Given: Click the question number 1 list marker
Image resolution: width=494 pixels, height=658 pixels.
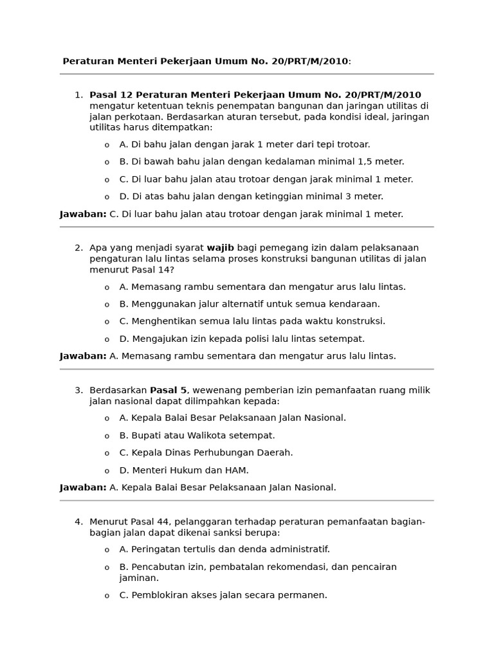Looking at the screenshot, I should pyautogui.click(x=78, y=95).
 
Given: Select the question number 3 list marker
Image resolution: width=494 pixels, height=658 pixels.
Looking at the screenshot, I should pyautogui.click(x=78, y=390).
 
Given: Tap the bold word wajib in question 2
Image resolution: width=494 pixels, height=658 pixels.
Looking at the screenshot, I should pyautogui.click(x=221, y=247).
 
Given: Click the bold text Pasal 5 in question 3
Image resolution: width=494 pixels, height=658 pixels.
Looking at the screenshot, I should pyautogui.click(x=169, y=390).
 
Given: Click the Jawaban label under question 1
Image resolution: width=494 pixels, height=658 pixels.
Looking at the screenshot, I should pyautogui.click(x=83, y=214).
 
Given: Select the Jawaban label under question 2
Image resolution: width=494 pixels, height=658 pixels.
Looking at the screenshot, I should pyautogui.click(x=83, y=356).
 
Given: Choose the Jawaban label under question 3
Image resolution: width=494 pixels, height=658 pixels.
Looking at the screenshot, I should pyautogui.click(x=83, y=488).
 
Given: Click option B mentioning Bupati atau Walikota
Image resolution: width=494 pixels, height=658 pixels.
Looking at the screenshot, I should pyautogui.click(x=197, y=436).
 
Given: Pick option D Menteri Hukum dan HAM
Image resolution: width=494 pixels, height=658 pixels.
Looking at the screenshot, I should pyautogui.click(x=184, y=470).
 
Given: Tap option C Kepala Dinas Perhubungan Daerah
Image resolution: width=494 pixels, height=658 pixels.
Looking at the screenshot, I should pyautogui.click(x=206, y=453).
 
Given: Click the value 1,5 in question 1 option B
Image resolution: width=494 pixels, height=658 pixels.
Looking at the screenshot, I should pyautogui.click(x=364, y=162).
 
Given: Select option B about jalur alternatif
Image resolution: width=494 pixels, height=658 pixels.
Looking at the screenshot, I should pyautogui.click(x=250, y=304).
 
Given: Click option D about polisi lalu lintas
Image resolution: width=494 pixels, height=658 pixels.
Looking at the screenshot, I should pyautogui.click(x=242, y=339).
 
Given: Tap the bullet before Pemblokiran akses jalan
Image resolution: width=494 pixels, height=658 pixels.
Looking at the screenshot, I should pyautogui.click(x=107, y=596).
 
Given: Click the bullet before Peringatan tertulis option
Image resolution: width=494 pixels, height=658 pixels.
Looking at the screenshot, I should pyautogui.click(x=107, y=550).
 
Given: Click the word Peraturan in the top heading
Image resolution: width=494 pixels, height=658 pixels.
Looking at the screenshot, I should pyautogui.click(x=87, y=61).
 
